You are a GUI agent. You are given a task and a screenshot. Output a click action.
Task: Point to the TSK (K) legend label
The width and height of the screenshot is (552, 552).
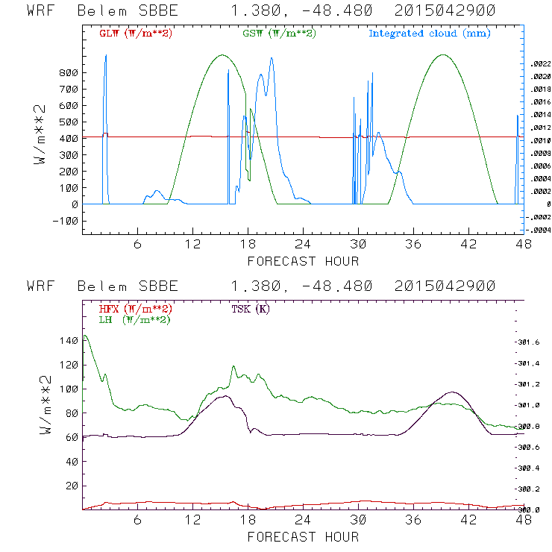pyautogui.click(x=251, y=309)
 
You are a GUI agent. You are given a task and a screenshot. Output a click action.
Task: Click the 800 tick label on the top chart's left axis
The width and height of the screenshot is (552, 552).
pyautogui.click(x=68, y=73)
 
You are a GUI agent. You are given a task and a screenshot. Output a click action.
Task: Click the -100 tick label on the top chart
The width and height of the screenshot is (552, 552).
pyautogui.click(x=65, y=221)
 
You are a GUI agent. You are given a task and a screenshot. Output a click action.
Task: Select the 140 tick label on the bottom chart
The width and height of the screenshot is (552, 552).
pyautogui.click(x=68, y=341)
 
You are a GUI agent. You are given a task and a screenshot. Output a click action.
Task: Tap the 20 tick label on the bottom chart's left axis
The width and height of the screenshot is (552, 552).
pyautogui.click(x=71, y=486)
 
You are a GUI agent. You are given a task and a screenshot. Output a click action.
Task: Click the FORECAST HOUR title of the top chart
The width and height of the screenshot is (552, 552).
pyautogui.click(x=303, y=261)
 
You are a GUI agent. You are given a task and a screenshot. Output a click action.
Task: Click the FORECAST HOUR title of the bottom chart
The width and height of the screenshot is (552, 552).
pyautogui.click(x=303, y=536)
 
